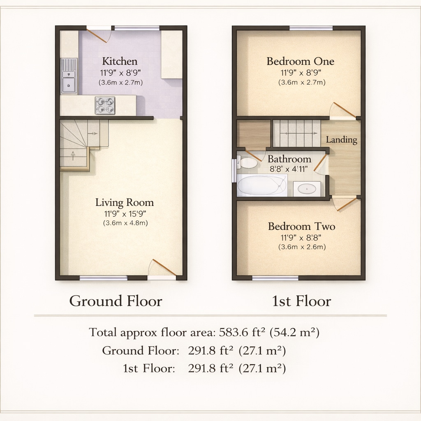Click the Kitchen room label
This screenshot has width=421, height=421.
(x=120, y=61)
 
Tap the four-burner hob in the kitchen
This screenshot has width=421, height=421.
(x=105, y=106)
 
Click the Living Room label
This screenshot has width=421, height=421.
(x=125, y=202)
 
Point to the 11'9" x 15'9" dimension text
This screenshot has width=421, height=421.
(x=125, y=214)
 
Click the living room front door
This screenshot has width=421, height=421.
(x=164, y=267)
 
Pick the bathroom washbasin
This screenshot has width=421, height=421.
(x=307, y=189)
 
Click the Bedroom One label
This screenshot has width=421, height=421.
(x=301, y=61)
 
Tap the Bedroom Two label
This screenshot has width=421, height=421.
(x=301, y=227)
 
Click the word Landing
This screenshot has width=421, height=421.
(x=342, y=140)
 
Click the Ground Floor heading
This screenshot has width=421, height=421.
(x=116, y=301)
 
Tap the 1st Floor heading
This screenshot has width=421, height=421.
(x=301, y=301)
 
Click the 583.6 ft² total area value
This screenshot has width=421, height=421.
(x=242, y=332)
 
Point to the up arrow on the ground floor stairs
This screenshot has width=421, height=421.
(x=73, y=156)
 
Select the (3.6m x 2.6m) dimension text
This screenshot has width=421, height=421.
(x=302, y=247)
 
